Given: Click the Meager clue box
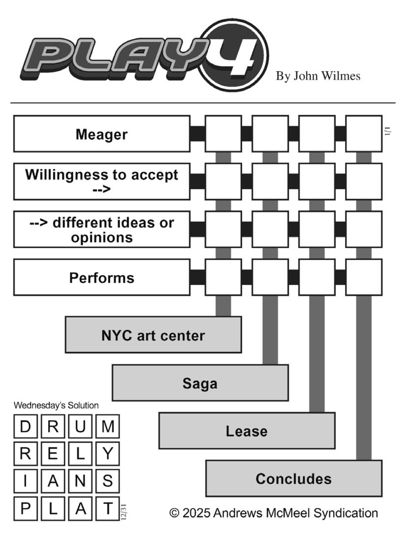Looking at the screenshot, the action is pyautogui.click(x=102, y=134).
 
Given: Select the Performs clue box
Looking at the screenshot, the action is pyautogui.click(x=102, y=278).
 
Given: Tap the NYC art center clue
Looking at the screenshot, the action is pyautogui.click(x=154, y=335).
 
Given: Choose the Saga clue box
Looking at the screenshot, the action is pyautogui.click(x=200, y=383).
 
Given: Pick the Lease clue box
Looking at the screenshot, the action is pyautogui.click(x=247, y=430).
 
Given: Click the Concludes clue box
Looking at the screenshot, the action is pyautogui.click(x=294, y=479).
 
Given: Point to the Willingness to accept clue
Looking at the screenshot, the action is pyautogui.click(x=102, y=181).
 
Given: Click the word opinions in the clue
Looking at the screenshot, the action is pyautogui.click(x=102, y=237).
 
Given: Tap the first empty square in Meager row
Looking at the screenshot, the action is pyautogui.click(x=223, y=134).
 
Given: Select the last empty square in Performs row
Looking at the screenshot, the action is pyautogui.click(x=364, y=278).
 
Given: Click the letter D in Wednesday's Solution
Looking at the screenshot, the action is pyautogui.click(x=25, y=426).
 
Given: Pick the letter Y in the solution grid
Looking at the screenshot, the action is pyautogui.click(x=108, y=453).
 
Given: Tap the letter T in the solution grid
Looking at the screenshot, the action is pyautogui.click(x=108, y=509).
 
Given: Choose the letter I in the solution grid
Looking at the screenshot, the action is pyautogui.click(x=25, y=481).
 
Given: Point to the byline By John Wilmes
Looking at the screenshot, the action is pyautogui.click(x=318, y=76).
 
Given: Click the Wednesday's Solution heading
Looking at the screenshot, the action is pyautogui.click(x=56, y=405).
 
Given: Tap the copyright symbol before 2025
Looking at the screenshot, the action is pyautogui.click(x=174, y=513).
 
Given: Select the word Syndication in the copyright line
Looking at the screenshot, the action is pyautogui.click(x=346, y=513).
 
